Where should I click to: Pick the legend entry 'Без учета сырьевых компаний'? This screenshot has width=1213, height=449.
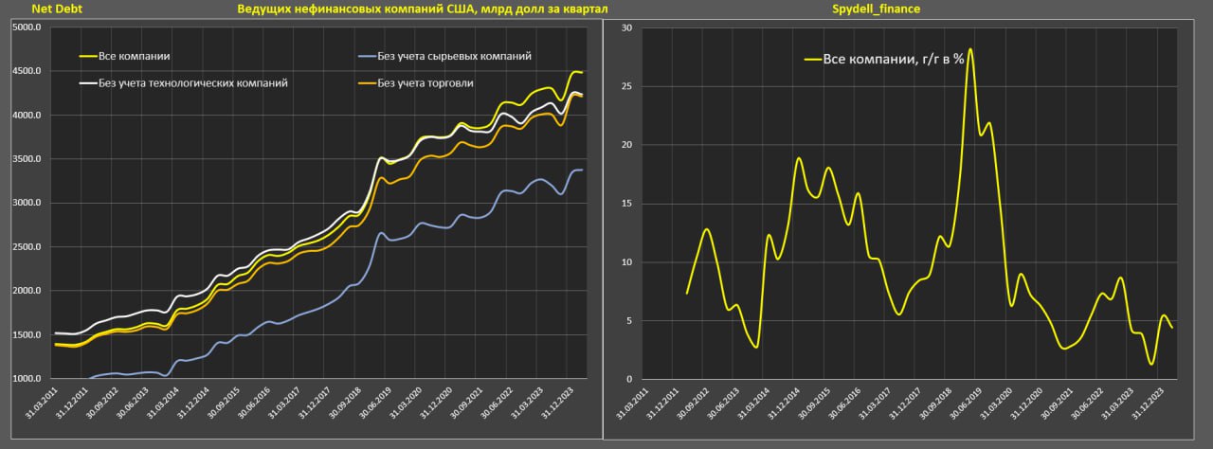[x=454, y=56]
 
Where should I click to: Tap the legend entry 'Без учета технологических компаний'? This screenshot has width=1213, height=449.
[x=192, y=83]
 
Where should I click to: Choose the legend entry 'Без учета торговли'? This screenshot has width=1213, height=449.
[x=425, y=83]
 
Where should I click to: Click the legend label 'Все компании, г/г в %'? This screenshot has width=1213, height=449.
[x=893, y=59]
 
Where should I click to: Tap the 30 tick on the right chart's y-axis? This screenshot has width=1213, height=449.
[x=626, y=27]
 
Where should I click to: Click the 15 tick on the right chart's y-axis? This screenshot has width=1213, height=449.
[x=626, y=204]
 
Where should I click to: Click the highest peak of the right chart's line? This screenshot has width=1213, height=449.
[x=970, y=49]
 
